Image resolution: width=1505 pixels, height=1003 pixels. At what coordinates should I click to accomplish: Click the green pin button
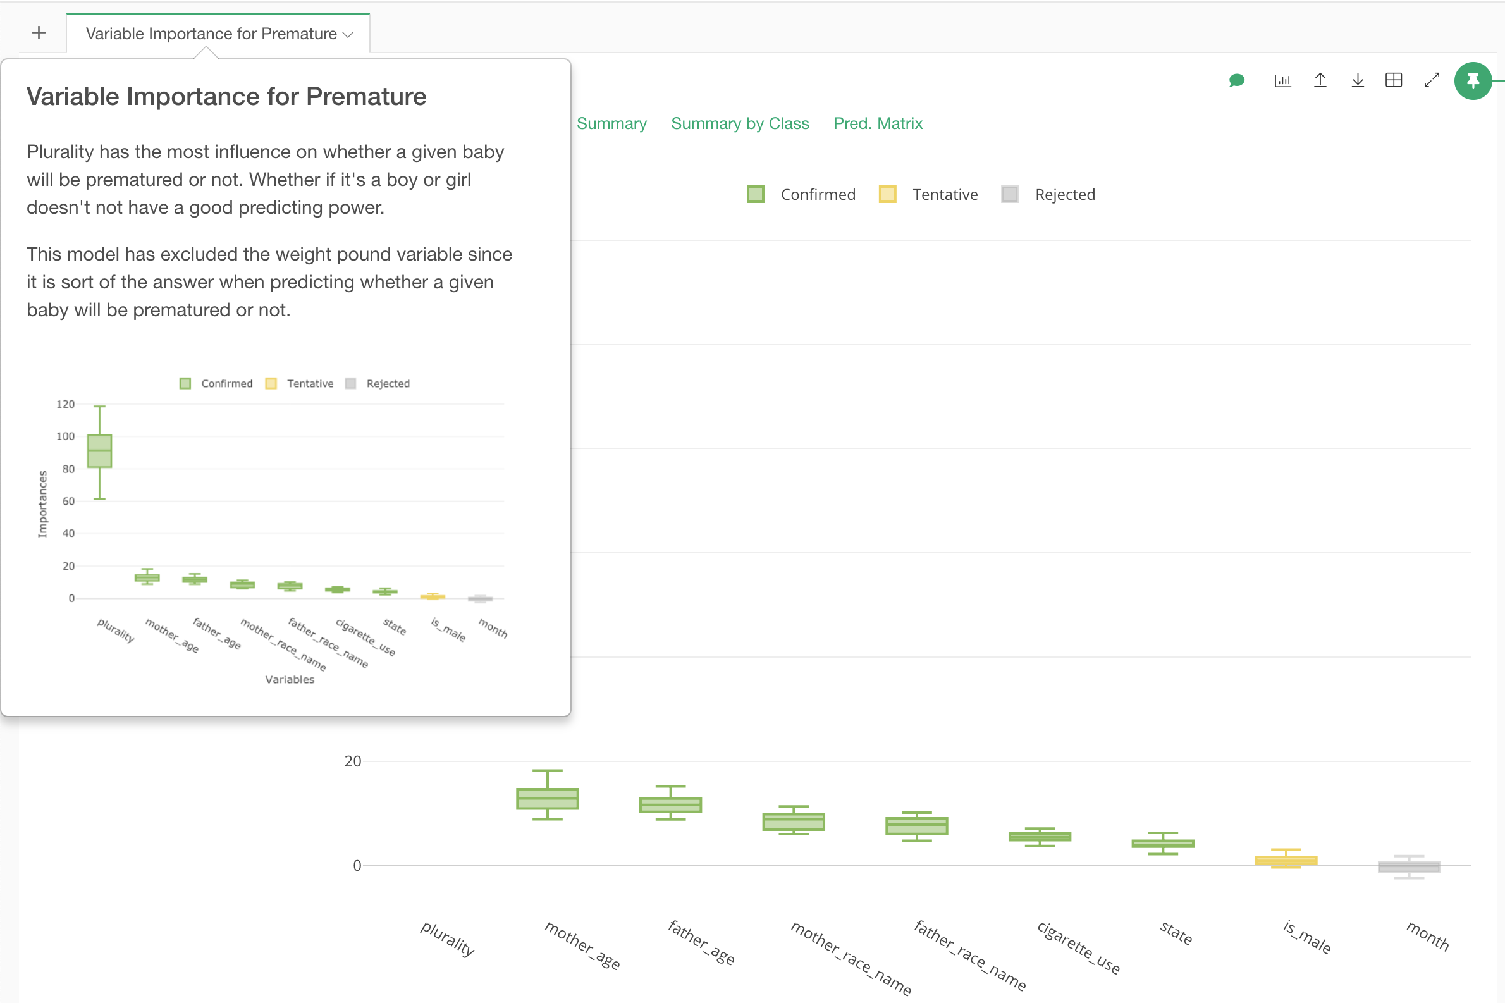[x=1472, y=80]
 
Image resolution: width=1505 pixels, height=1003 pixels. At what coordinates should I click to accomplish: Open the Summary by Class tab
[x=739, y=123]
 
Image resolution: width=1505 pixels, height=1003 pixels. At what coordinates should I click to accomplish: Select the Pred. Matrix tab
[x=878, y=123]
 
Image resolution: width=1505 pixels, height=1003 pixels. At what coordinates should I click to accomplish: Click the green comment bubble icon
[x=1236, y=80]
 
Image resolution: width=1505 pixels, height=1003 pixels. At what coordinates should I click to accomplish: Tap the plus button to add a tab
[x=39, y=33]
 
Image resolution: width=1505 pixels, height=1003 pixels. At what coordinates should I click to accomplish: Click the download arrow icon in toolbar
[x=1357, y=80]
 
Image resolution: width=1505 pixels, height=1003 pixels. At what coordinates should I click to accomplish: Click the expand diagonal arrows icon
[x=1432, y=80]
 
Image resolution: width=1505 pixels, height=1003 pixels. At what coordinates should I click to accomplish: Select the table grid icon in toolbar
[x=1394, y=80]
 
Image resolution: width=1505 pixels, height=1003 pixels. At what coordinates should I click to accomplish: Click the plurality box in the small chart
[x=100, y=451]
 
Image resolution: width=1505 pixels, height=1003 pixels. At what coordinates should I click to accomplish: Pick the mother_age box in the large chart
[x=548, y=798]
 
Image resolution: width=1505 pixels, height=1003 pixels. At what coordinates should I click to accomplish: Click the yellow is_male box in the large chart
[x=1286, y=860]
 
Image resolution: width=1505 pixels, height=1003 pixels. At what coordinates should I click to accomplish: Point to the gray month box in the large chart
[x=1408, y=867]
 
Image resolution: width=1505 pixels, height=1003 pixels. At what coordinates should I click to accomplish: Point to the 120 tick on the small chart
[x=66, y=404]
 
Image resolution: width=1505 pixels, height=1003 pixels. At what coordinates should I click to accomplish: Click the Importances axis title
[x=43, y=504]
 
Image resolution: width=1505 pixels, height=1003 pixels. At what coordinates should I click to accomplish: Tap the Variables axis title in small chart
[x=290, y=679]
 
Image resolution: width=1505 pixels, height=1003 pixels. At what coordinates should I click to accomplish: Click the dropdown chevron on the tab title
[x=348, y=35]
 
